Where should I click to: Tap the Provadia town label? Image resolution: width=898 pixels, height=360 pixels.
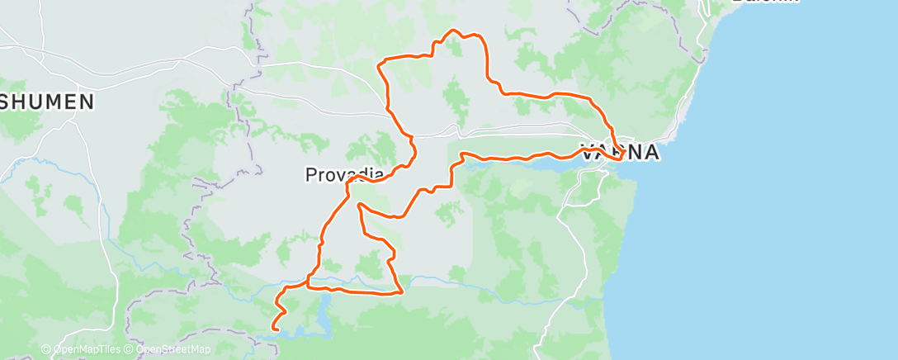click(344, 174)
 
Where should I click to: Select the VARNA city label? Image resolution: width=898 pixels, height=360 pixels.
click(620, 153)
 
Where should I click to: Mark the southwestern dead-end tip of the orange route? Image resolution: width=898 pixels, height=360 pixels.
click(272, 329)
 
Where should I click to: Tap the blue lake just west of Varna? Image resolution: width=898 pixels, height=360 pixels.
click(528, 164)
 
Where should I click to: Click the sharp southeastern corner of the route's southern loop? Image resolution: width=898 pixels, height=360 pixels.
click(402, 291)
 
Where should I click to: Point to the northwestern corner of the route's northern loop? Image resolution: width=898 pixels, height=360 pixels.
click(379, 63)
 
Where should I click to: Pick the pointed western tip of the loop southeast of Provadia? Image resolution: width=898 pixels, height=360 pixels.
click(359, 204)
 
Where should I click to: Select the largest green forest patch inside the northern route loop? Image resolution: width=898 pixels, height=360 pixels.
click(455, 99)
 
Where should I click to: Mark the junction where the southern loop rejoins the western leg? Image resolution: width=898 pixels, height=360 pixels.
click(309, 286)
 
